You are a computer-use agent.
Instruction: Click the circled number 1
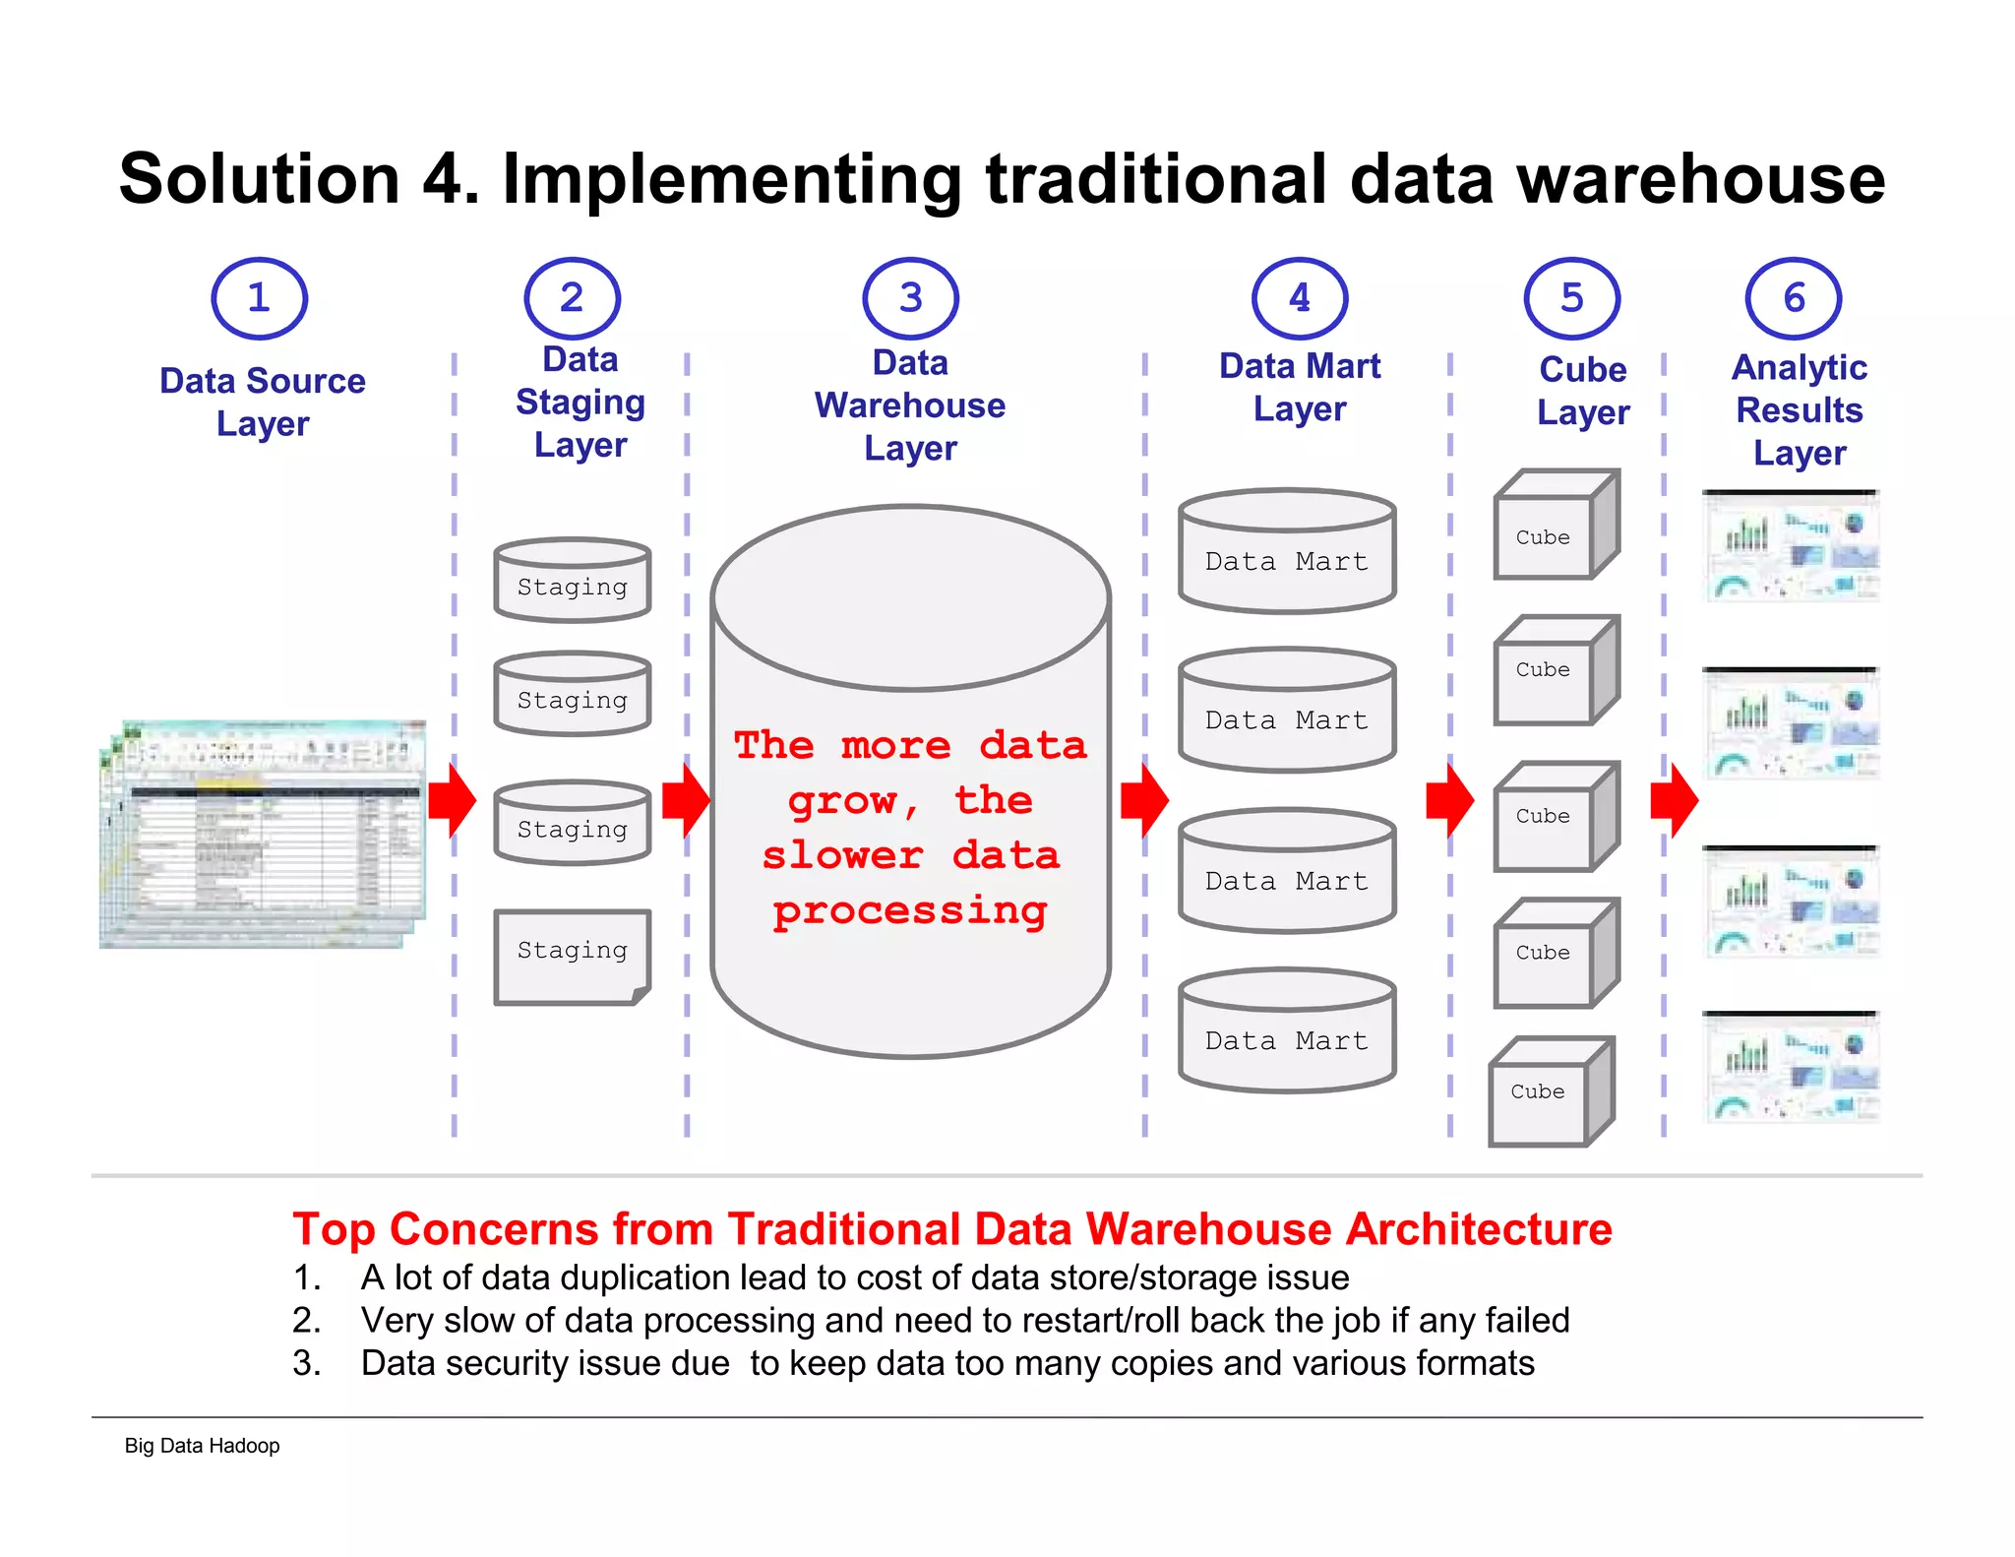(x=259, y=298)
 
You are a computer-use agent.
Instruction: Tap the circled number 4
(x=1299, y=298)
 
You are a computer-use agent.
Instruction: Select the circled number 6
(x=1793, y=298)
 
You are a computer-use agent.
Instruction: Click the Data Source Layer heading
(x=263, y=402)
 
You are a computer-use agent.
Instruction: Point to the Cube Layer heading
(x=1582, y=391)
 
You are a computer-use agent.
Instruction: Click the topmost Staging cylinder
(x=572, y=581)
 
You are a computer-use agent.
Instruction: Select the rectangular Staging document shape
(x=572, y=956)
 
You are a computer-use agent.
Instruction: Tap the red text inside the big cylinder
(x=910, y=828)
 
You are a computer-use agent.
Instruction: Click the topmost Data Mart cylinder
(x=1286, y=552)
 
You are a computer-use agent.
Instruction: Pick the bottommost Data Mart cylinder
(x=1286, y=1031)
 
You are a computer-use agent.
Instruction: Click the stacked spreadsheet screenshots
(x=263, y=835)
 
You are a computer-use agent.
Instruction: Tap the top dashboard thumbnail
(x=1792, y=547)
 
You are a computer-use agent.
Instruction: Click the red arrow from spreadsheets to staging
(x=452, y=800)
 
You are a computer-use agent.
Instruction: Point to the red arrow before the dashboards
(x=1674, y=800)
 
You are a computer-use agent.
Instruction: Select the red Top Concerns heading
(x=951, y=1229)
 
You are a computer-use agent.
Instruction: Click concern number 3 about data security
(x=946, y=1363)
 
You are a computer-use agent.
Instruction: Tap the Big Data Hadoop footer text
(x=202, y=1446)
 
